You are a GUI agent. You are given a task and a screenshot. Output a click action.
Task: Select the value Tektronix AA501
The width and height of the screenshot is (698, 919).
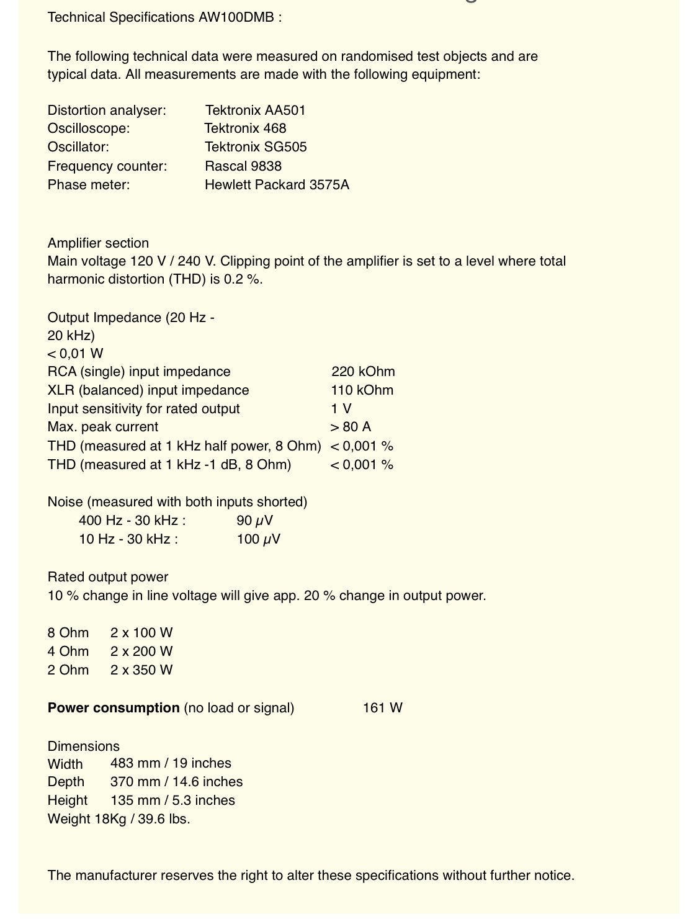point(255,110)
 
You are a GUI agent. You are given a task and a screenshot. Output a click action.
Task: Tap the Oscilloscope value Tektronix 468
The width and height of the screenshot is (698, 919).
point(245,128)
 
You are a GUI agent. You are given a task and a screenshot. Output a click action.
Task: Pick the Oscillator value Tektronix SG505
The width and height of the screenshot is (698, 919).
point(256,147)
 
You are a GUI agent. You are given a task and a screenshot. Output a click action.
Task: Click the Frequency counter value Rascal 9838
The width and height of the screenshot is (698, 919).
point(243,166)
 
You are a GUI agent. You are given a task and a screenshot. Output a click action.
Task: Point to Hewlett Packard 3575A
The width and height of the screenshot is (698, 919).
point(277,185)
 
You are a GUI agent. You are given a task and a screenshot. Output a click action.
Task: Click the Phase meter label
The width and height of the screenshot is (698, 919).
point(89,185)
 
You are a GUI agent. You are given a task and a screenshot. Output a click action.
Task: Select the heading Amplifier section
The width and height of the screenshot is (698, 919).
point(98,243)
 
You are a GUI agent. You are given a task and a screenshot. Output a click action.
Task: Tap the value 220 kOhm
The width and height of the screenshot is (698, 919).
point(363,372)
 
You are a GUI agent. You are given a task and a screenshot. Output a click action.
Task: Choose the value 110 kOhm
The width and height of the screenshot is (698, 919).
point(362,390)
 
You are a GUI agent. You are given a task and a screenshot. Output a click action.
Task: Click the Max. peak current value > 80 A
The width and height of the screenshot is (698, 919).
point(351,427)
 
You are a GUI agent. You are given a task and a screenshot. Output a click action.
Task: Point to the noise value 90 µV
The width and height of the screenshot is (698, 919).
point(254,521)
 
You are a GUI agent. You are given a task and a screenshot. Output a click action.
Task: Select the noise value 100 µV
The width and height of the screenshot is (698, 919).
point(258,539)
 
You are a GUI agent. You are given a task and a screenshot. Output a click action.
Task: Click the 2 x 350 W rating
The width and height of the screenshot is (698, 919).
point(141,670)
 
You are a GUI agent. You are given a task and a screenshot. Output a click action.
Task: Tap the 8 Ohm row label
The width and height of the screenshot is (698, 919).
point(68,633)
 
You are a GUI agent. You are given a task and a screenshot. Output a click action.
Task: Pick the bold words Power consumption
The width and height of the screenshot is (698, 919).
point(114,708)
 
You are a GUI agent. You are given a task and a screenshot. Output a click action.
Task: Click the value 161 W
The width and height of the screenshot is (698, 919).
point(382,708)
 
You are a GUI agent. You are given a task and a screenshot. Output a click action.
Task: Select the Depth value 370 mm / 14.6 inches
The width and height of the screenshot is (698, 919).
point(176,782)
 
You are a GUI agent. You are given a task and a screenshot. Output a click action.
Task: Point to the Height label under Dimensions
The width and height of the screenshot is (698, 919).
point(68,800)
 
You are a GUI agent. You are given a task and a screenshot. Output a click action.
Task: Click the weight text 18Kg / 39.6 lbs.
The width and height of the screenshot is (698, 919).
point(142,819)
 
